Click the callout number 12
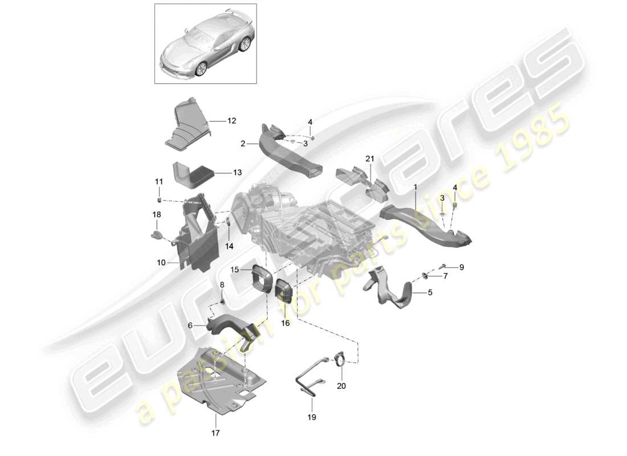[x=231, y=121]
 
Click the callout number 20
[x=342, y=385]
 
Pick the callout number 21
[x=369, y=158]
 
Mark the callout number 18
[x=156, y=214]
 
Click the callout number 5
[x=430, y=294]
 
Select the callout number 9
[x=462, y=267]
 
